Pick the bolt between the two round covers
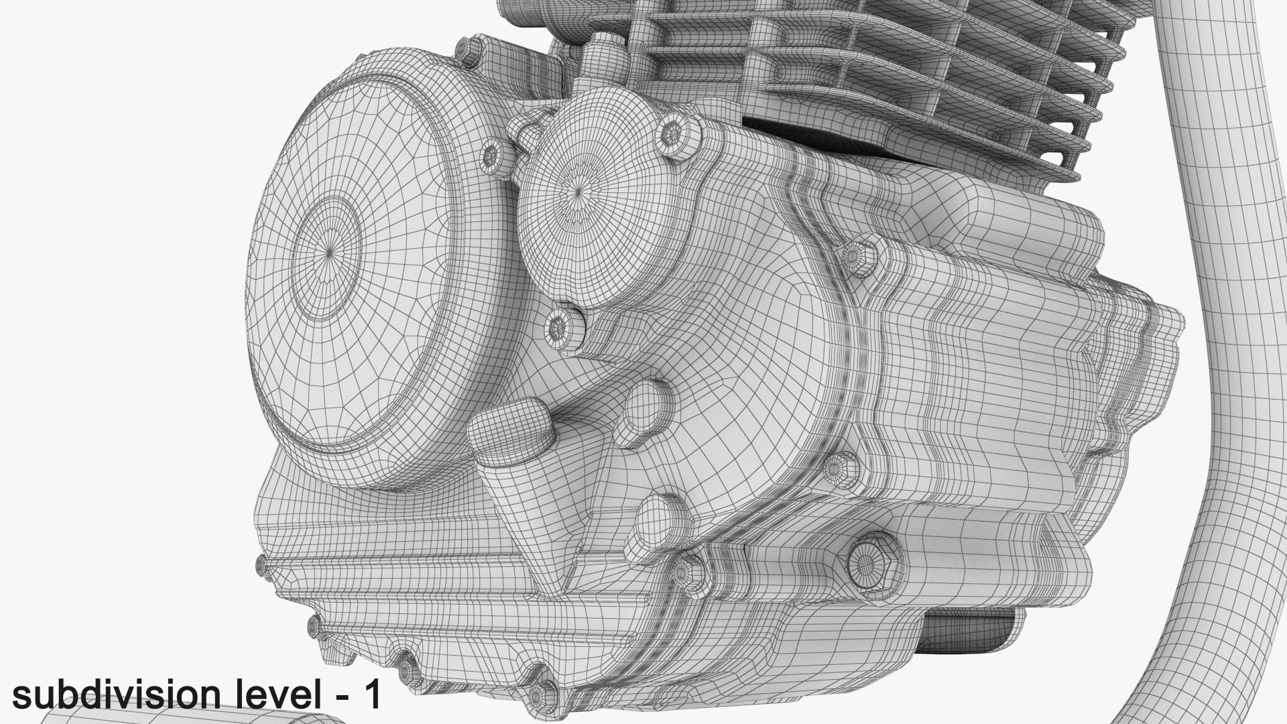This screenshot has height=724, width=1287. pyautogui.click(x=492, y=156)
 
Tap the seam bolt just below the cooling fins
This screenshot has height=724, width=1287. pyautogui.click(x=856, y=256)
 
